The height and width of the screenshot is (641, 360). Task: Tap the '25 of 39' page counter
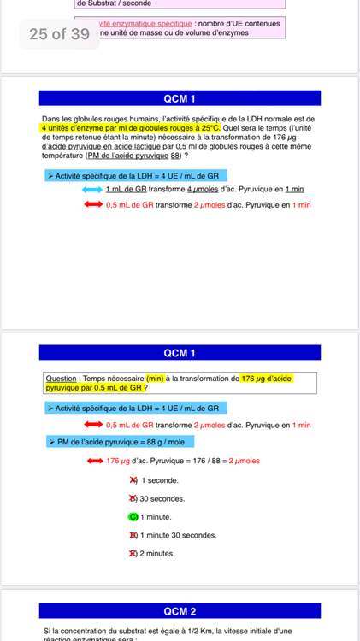(59, 34)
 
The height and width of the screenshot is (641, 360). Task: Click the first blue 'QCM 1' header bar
(180, 98)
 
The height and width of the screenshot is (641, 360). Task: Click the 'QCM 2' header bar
(180, 611)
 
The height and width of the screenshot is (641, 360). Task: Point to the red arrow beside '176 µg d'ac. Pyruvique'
(90, 462)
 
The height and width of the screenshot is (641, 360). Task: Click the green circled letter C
(133, 516)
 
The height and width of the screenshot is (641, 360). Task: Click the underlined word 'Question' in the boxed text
(61, 379)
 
